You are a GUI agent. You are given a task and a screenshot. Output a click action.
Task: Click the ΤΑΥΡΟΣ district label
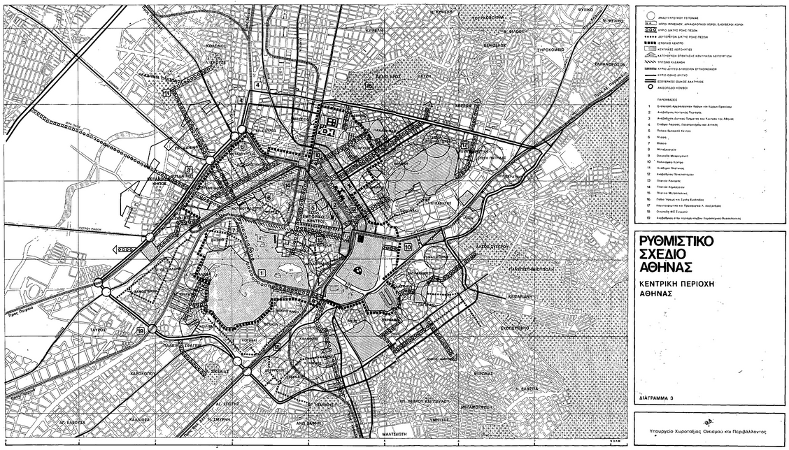pos(98,328)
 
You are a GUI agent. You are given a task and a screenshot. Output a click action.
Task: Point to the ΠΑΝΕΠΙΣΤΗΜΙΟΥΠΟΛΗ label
pos(517,268)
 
